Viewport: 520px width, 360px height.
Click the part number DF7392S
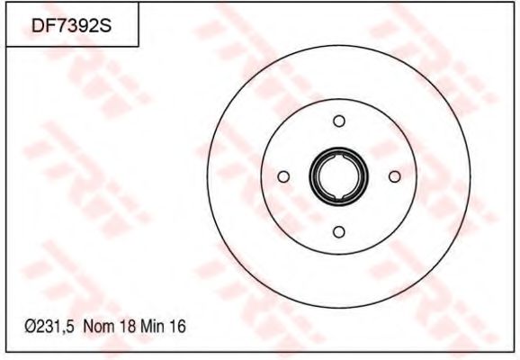(x=71, y=25)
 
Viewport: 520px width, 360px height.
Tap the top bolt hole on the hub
(x=339, y=121)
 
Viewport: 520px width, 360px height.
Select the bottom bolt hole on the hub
(x=339, y=231)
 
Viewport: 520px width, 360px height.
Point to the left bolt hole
(x=283, y=176)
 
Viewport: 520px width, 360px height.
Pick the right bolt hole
(x=394, y=176)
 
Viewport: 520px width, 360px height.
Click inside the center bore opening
(x=338, y=176)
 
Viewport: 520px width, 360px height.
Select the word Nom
(x=99, y=327)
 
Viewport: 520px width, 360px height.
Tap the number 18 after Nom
(x=128, y=327)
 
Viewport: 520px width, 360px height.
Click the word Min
(x=152, y=327)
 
